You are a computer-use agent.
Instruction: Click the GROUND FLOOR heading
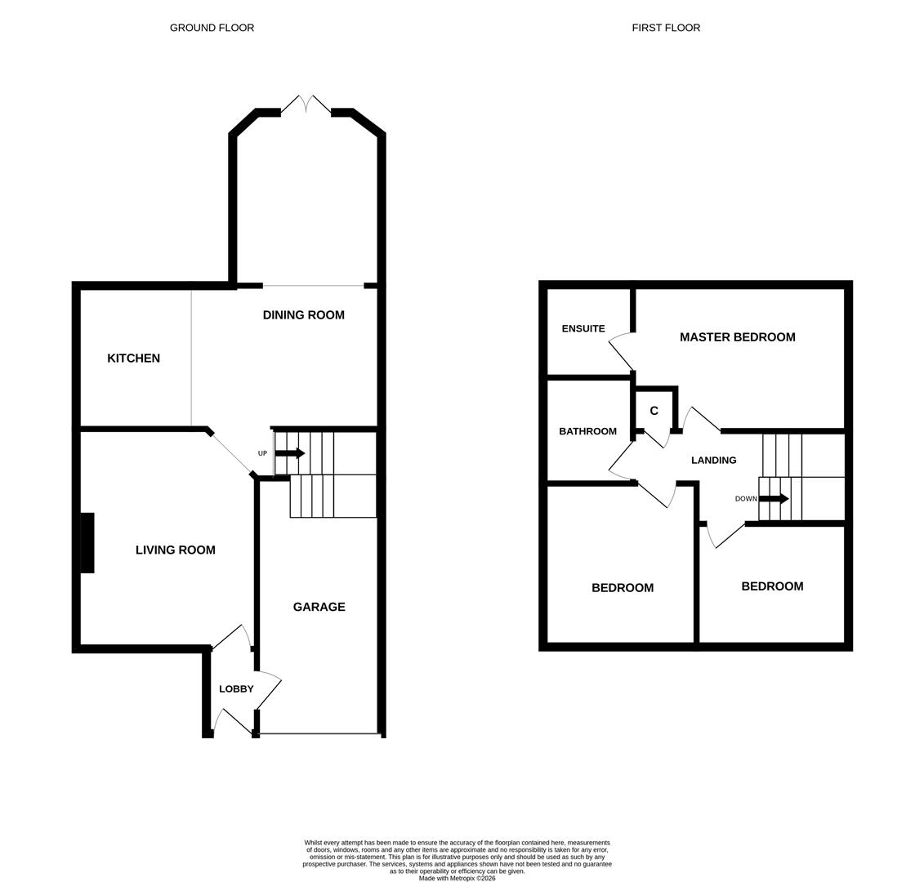click(212, 28)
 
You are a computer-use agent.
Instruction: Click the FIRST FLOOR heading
click(665, 28)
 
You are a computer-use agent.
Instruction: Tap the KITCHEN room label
click(133, 359)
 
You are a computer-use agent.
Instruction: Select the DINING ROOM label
click(303, 315)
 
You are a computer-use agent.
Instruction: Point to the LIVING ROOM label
click(175, 550)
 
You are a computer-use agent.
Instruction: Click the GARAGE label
click(319, 607)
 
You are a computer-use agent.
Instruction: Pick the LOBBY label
click(236, 689)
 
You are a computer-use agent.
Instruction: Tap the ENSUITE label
click(583, 329)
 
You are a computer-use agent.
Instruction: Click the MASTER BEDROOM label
click(737, 337)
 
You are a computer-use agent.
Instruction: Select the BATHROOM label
click(587, 431)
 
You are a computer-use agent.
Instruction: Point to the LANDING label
click(713, 461)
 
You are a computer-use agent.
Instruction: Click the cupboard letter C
click(654, 411)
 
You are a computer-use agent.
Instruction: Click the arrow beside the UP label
click(290, 453)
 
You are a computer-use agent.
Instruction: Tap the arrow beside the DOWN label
click(774, 499)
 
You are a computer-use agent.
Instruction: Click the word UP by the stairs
click(262, 454)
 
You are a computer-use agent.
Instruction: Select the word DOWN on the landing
click(745, 499)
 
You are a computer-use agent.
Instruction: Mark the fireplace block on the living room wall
click(87, 543)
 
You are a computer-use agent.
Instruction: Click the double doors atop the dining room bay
click(306, 105)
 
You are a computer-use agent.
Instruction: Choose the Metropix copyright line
click(457, 879)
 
